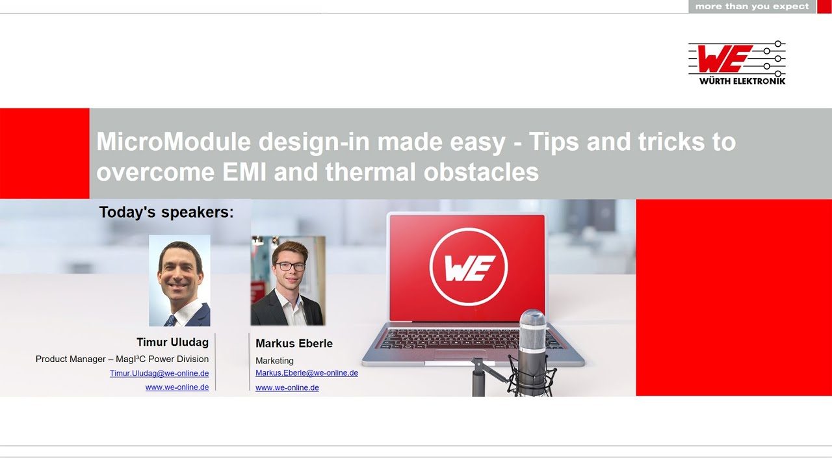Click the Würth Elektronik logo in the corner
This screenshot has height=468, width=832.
coord(737,63)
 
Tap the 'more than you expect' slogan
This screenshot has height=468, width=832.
coord(752,6)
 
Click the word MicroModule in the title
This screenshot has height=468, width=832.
coord(174,142)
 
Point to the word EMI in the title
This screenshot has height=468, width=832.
coord(244,172)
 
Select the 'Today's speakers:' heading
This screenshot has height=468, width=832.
coord(166,212)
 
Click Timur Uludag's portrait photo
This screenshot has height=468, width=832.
coord(179,280)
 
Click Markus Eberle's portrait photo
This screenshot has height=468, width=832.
coord(288,281)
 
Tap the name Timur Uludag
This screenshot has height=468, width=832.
coord(173,342)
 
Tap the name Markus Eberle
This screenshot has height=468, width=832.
coord(294,343)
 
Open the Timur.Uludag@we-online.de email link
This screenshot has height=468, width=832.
coord(159,373)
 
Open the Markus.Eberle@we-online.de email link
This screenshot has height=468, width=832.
coord(307,373)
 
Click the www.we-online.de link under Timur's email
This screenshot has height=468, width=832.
coord(177,387)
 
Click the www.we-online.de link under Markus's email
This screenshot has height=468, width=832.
coord(287,388)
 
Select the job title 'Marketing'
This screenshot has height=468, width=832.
coord(274,361)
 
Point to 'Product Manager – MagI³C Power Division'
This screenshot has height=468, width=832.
coord(122,359)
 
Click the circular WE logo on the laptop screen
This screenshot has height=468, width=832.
coord(469,266)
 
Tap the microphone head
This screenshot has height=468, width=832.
coord(532,331)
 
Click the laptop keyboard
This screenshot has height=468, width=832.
coord(467,339)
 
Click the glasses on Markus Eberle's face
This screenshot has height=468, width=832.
coord(291,266)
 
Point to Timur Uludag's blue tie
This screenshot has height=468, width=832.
coord(170,320)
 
